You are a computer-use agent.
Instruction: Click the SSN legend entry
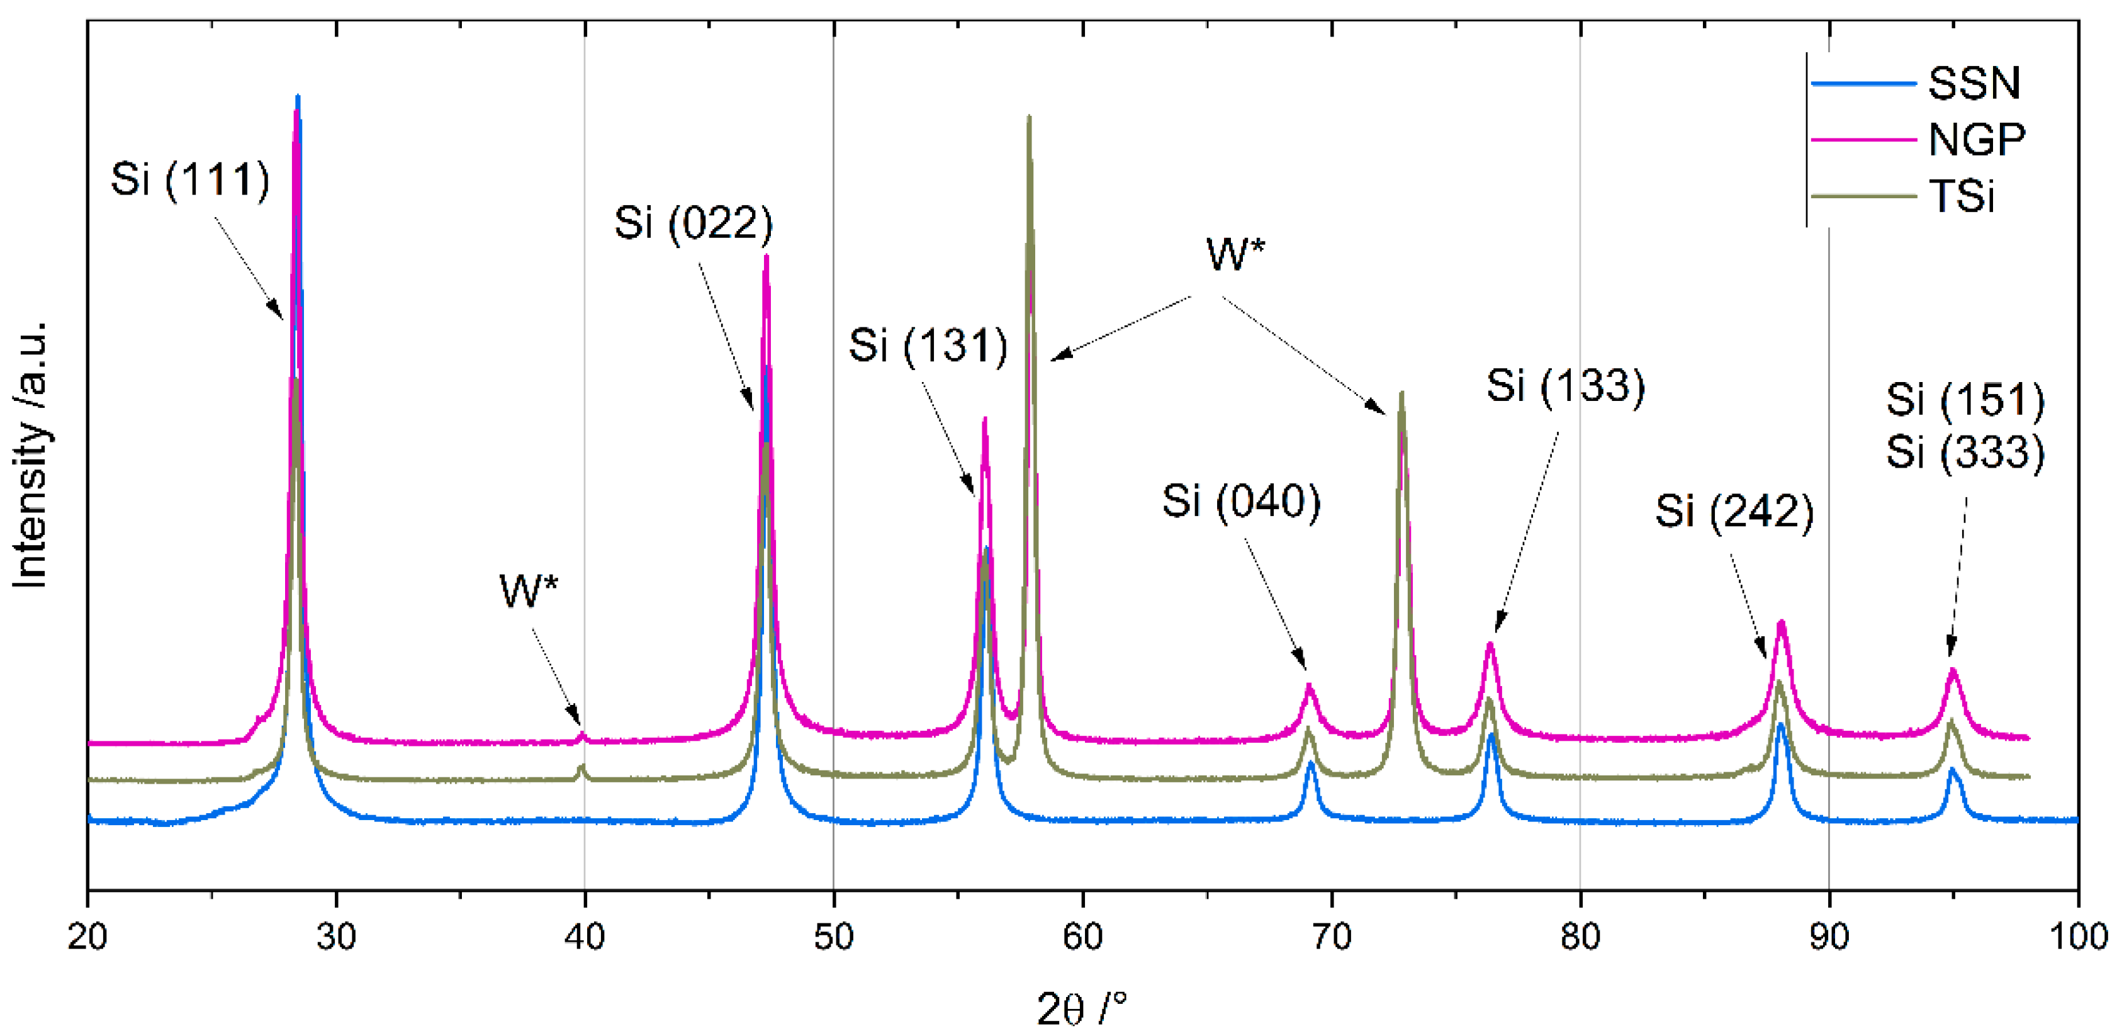(x=1972, y=83)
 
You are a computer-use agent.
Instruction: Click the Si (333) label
(x=1964, y=451)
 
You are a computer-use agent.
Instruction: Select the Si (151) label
(x=1964, y=400)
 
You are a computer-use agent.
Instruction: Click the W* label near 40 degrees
(x=529, y=590)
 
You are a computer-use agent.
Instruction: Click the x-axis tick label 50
(x=833, y=937)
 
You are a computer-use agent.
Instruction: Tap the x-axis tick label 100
(x=2077, y=937)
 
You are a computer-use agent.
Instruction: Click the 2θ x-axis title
(x=1081, y=1008)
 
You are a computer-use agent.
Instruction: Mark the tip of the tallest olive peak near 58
(x=1029, y=117)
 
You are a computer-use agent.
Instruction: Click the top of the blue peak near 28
(x=298, y=96)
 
